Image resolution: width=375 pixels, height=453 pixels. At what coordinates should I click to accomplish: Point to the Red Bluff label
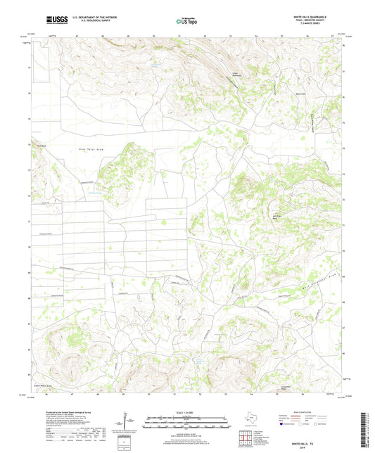42,146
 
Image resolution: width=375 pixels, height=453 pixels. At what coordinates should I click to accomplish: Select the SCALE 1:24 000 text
186,413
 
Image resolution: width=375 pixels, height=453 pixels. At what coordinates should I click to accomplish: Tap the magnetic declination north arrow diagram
127,422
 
